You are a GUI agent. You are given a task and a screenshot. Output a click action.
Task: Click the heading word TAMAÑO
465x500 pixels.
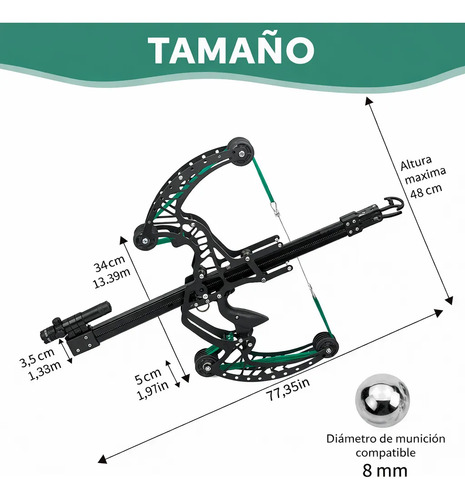(231, 50)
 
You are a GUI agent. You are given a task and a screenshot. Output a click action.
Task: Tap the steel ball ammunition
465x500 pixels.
(382, 399)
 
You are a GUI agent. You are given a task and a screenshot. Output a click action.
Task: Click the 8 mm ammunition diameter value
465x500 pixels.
(385, 471)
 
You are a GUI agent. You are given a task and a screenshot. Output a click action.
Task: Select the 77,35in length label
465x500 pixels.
(288, 389)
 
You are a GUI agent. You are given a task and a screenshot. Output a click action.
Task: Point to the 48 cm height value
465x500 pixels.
(426, 190)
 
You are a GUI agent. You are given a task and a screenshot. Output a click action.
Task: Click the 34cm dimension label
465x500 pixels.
(109, 263)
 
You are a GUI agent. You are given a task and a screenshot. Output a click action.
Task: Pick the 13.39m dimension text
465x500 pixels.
(111, 278)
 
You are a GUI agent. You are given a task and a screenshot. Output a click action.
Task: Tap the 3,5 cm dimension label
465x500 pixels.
(37, 357)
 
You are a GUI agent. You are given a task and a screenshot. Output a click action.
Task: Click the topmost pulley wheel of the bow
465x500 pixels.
(241, 151)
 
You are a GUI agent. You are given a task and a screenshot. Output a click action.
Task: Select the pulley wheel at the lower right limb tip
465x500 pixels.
(325, 346)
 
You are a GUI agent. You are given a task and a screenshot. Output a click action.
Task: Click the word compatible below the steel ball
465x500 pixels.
(385, 453)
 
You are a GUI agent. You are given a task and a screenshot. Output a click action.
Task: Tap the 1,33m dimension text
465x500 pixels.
(45, 371)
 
